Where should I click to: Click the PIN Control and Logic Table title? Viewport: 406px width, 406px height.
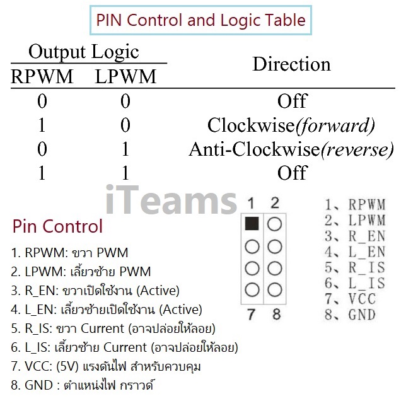pyautogui.click(x=200, y=20)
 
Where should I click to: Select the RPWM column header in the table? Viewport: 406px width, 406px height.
pyautogui.click(x=42, y=77)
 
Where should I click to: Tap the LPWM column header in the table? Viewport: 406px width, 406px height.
pyautogui.click(x=125, y=77)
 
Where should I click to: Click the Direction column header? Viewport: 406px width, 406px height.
pyautogui.click(x=291, y=64)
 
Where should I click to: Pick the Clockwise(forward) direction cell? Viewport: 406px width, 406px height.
pyautogui.click(x=291, y=125)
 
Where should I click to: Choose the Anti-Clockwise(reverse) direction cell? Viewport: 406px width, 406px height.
pyautogui.click(x=291, y=149)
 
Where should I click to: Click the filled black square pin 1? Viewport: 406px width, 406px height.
pyautogui.click(x=250, y=224)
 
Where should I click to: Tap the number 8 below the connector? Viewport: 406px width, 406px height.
pyautogui.click(x=275, y=314)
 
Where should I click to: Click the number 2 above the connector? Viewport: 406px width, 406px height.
pyautogui.click(x=275, y=204)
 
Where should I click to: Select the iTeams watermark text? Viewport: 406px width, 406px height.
pyautogui.click(x=170, y=200)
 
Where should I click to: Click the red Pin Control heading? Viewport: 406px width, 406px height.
pyautogui.click(x=57, y=226)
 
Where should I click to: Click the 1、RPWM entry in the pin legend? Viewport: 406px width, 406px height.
pyautogui.click(x=354, y=205)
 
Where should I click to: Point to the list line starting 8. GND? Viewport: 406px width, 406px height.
pyautogui.click(x=83, y=385)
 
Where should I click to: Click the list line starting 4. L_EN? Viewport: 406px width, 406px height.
pyautogui.click(x=106, y=310)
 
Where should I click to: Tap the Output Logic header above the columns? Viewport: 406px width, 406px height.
pyautogui.click(x=84, y=51)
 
